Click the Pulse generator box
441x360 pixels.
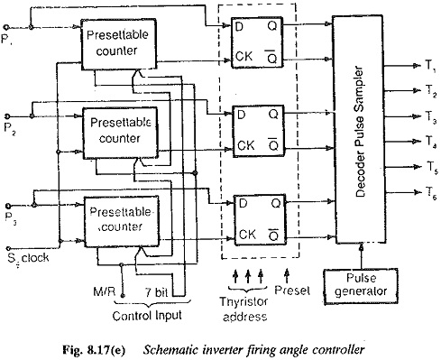point(361,287)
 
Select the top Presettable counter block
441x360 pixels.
point(119,44)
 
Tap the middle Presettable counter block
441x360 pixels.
point(120,133)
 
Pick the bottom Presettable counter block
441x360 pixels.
point(121,222)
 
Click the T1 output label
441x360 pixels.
point(430,66)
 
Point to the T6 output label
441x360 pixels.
point(431,192)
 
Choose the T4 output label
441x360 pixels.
point(431,142)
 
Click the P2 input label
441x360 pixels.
point(10,129)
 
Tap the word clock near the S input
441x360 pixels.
point(35,258)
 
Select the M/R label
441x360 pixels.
point(104,291)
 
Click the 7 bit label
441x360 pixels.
point(156,292)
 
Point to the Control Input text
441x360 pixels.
point(147,316)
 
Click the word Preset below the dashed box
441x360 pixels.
point(292,291)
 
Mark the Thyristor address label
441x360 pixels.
point(244,309)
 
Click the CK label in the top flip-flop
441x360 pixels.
point(243,56)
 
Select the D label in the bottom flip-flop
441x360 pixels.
point(243,204)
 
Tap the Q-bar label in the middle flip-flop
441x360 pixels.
point(273,144)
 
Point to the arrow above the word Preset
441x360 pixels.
point(287,275)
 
